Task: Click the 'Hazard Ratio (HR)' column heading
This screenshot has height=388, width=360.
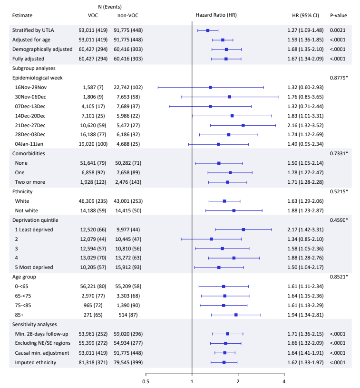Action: (x=216, y=15)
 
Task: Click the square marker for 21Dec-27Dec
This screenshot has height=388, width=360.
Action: (x=243, y=125)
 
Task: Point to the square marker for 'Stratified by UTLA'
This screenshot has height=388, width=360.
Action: (x=208, y=30)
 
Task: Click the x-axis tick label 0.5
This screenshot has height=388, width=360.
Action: (x=146, y=381)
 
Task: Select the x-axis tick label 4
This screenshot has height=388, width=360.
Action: (x=284, y=381)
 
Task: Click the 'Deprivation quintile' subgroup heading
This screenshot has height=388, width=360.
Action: (x=35, y=220)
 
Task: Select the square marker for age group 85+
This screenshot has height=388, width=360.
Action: (x=236, y=315)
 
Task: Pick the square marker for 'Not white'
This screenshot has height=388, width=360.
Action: (x=234, y=210)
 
